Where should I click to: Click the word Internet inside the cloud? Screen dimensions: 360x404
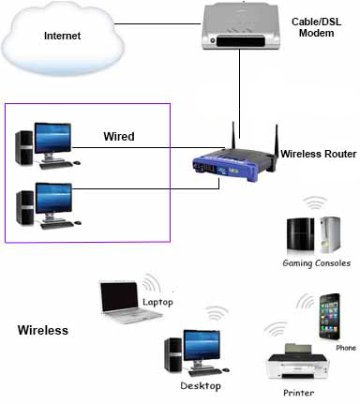[62, 36]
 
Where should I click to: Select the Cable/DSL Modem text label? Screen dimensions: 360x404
[316, 27]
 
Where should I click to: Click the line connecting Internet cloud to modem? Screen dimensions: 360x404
[157, 23]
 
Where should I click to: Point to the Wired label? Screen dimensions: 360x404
[119, 137]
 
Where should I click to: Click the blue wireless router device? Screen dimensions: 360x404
[234, 166]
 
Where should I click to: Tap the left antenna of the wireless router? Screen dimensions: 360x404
[233, 135]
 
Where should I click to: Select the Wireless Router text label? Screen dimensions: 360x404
[319, 154]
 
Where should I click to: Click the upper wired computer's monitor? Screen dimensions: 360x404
[52, 139]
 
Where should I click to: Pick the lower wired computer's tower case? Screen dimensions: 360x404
[25, 208]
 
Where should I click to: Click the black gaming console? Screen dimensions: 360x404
[300, 234]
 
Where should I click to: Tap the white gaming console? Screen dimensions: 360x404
[330, 234]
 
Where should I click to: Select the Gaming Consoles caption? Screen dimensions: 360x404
[316, 263]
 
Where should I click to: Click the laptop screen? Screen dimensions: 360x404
[120, 297]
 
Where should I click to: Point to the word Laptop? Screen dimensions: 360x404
[157, 302]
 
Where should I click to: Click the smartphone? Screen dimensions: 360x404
[329, 317]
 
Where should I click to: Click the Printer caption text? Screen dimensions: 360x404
[298, 393]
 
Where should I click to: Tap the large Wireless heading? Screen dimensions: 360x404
[43, 330]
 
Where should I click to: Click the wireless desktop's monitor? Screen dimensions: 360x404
[202, 346]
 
